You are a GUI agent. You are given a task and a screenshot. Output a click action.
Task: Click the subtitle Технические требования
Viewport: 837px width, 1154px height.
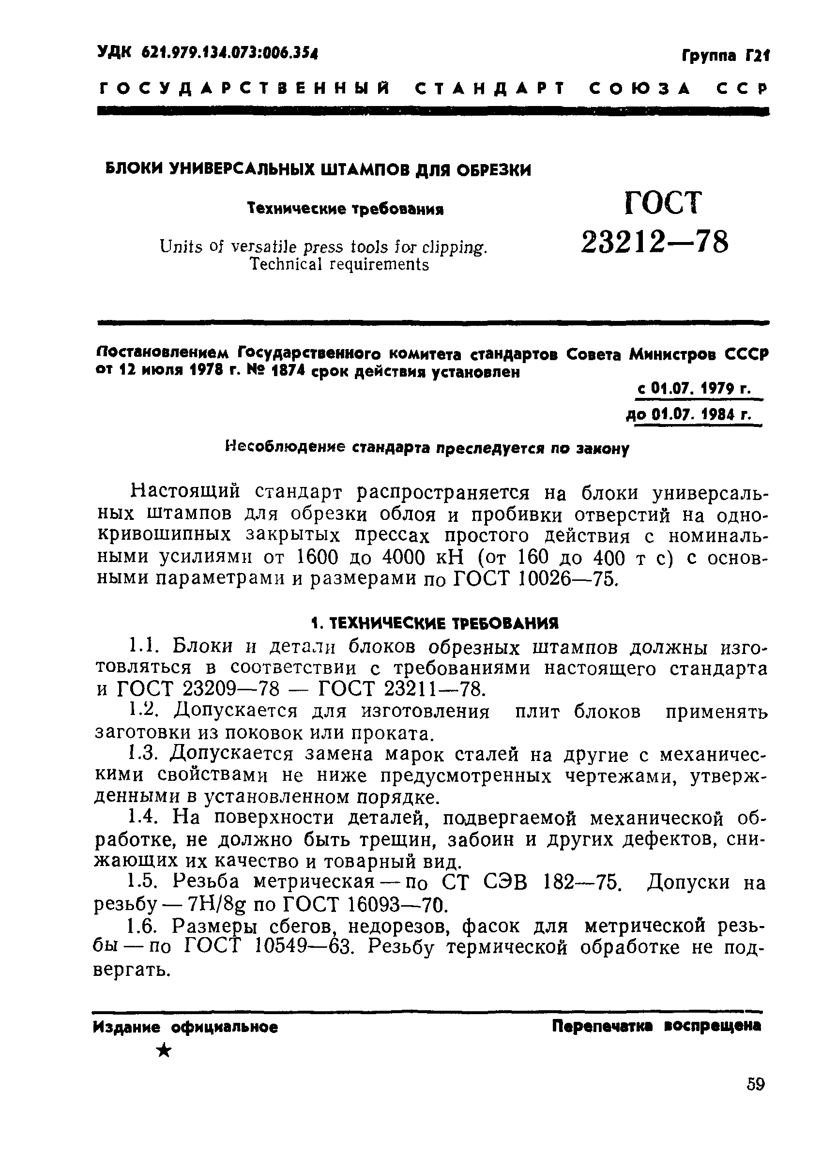pos(345,209)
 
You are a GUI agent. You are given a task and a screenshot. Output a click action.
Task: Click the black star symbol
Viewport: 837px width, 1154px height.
pos(164,1050)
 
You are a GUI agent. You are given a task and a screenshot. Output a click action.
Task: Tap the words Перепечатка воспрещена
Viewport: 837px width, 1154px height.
pos(656,1025)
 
